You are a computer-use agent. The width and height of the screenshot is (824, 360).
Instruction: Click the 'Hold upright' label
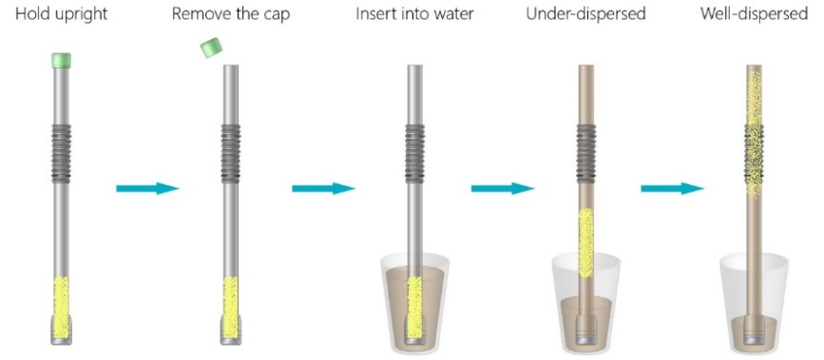tap(61, 14)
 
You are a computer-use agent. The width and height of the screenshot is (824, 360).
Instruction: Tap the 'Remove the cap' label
tap(231, 14)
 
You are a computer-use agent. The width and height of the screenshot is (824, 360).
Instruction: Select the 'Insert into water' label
tap(414, 14)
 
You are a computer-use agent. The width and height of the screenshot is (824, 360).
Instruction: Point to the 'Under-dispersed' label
tap(586, 14)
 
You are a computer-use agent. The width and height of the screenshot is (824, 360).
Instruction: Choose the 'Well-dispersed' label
tap(754, 14)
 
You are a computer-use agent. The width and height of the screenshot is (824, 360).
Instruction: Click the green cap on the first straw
tap(61, 60)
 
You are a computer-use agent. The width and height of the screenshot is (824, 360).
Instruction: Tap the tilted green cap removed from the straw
tap(211, 47)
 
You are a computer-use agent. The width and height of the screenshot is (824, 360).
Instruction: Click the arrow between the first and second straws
tap(147, 188)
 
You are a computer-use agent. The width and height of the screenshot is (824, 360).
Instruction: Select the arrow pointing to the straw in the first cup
tap(324, 188)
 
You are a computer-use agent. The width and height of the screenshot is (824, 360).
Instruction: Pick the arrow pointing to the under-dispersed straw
tap(503, 188)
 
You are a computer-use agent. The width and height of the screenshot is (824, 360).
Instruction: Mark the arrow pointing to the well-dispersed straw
tap(672, 188)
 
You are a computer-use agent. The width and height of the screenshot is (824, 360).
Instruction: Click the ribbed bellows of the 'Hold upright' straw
tap(61, 153)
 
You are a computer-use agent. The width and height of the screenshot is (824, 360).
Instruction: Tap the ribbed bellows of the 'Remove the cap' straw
tap(231, 153)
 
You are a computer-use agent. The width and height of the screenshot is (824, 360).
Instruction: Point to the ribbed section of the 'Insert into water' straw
tap(415, 153)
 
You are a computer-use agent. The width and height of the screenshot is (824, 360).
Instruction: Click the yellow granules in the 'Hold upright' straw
tap(61, 308)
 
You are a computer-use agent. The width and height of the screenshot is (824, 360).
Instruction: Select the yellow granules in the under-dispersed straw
tap(586, 243)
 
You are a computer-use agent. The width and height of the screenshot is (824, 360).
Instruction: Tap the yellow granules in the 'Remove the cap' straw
tap(231, 308)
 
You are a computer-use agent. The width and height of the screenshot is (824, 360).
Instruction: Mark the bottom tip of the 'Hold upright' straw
tap(61, 344)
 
